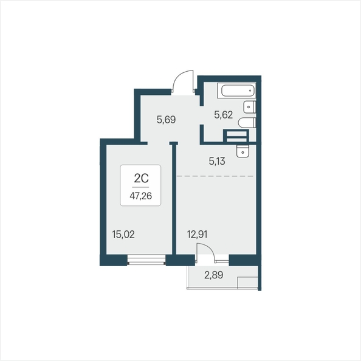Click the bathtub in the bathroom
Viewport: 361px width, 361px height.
[x=236, y=91]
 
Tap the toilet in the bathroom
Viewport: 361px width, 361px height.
[x=247, y=123]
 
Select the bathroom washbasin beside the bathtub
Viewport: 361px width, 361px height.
[x=250, y=107]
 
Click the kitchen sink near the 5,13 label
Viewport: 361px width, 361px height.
[x=242, y=151]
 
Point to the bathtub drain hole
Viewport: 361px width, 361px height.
[x=250, y=91]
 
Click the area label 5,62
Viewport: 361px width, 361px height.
[x=223, y=115]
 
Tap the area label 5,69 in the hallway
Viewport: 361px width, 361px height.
[x=167, y=120]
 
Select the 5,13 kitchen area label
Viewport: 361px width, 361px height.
[x=217, y=161]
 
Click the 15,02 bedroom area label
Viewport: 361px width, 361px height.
[x=123, y=235]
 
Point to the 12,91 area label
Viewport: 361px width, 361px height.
[x=198, y=235]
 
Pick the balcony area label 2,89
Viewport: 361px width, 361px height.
[x=214, y=275]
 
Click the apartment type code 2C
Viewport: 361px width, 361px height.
[x=141, y=178]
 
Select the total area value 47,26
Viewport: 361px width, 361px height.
[x=140, y=196]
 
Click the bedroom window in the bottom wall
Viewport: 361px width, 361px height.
[x=146, y=260]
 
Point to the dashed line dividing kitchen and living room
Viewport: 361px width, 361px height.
[x=215, y=176]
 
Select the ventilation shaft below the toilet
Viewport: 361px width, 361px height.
[x=236, y=136]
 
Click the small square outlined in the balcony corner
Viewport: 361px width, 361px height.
[x=247, y=283]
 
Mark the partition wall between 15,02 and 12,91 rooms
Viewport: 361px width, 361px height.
[x=174, y=198]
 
